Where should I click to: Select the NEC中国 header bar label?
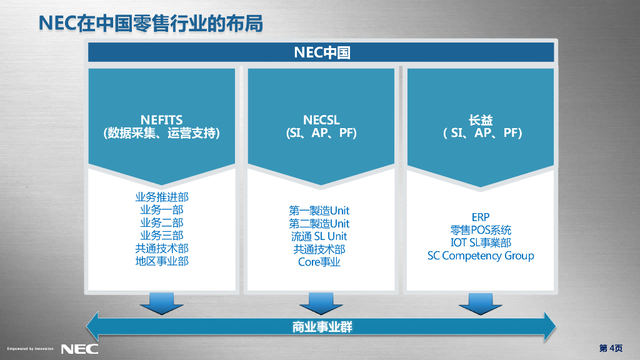click(x=321, y=52)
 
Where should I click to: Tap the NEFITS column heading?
click(x=161, y=119)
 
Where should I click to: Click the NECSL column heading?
click(x=321, y=119)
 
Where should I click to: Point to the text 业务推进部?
click(x=161, y=197)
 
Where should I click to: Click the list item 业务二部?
click(x=161, y=223)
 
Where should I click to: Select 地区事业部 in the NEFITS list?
click(x=161, y=261)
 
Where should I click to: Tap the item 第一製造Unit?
click(x=319, y=211)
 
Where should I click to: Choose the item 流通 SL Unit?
click(x=319, y=236)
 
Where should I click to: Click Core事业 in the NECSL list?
click(x=319, y=262)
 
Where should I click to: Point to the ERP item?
click(x=480, y=217)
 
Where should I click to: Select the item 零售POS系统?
click(x=480, y=230)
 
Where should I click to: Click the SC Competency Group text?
click(x=480, y=256)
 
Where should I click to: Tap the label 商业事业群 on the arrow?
click(x=321, y=326)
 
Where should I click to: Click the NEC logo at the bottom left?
click(x=79, y=348)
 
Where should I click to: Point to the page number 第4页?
click(x=611, y=348)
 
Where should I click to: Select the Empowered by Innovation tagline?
click(x=30, y=349)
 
